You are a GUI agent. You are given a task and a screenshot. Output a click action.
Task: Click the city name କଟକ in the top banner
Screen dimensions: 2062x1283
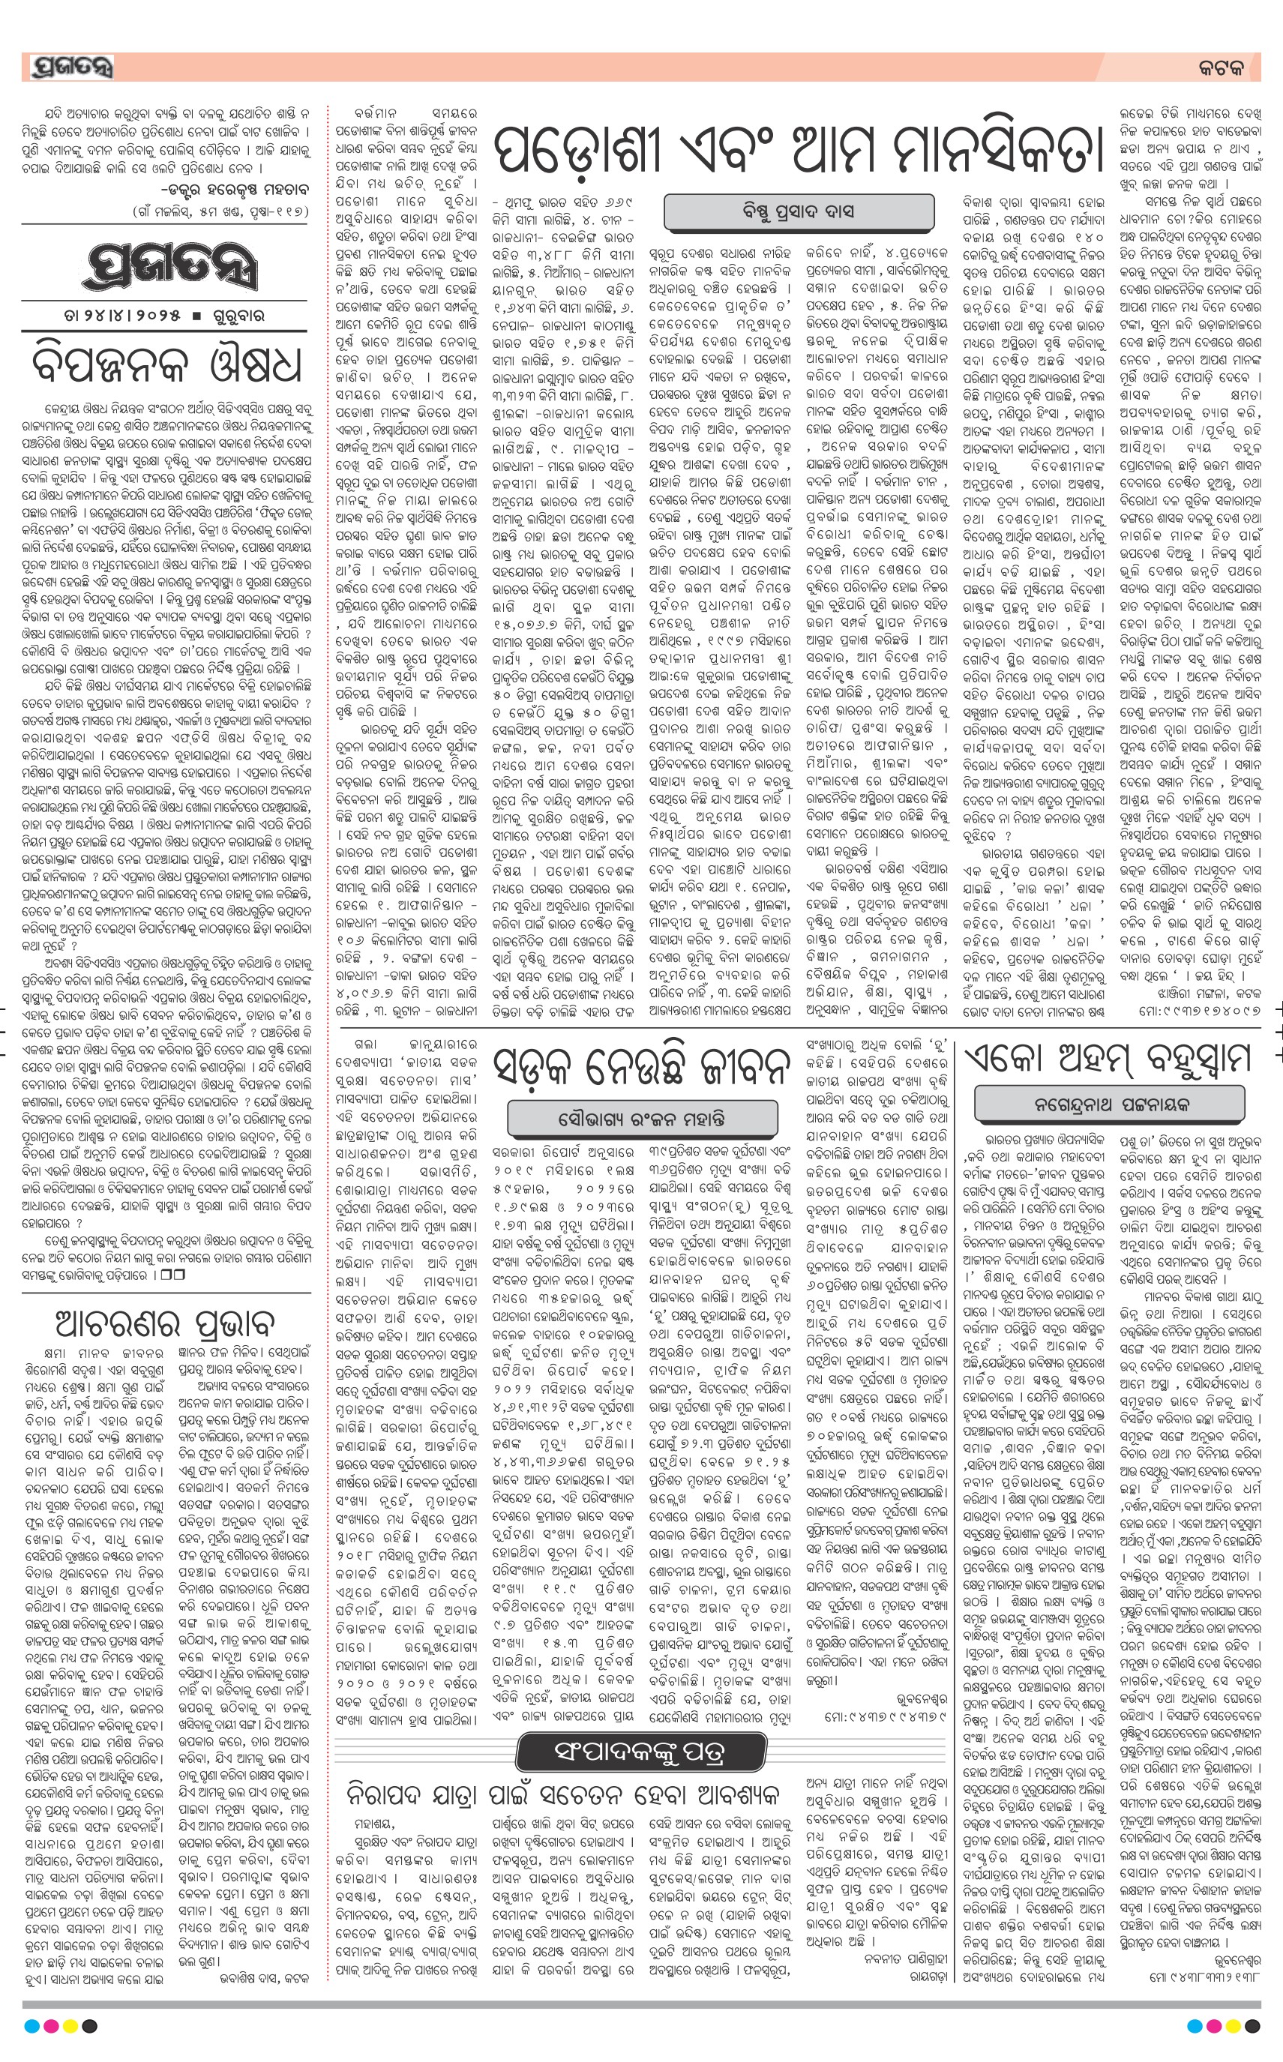1222,68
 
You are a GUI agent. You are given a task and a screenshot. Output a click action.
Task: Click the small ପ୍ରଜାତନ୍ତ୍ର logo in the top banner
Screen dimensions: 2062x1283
71,67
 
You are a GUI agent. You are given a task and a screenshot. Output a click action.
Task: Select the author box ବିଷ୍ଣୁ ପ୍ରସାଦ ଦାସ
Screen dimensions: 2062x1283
799,211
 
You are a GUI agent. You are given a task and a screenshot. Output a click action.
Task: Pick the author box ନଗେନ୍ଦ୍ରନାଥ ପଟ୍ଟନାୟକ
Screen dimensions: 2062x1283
1111,1104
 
